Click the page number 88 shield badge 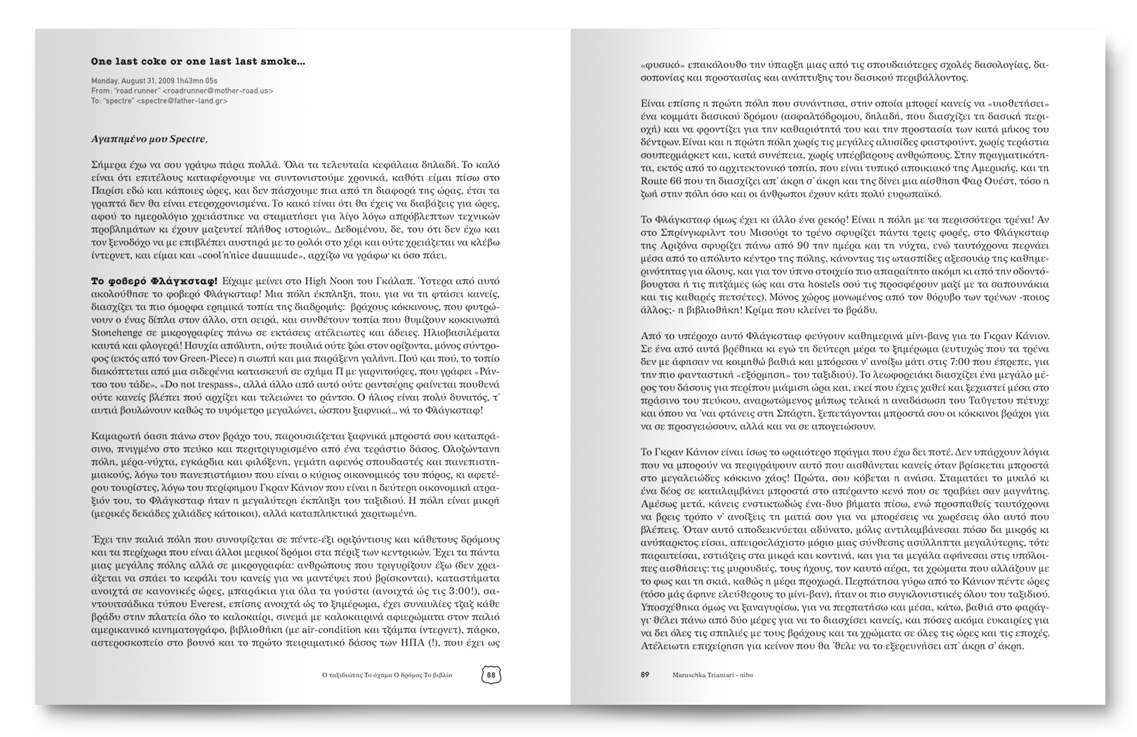pos(491,675)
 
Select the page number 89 pos(644,675)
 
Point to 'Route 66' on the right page pos(660,180)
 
